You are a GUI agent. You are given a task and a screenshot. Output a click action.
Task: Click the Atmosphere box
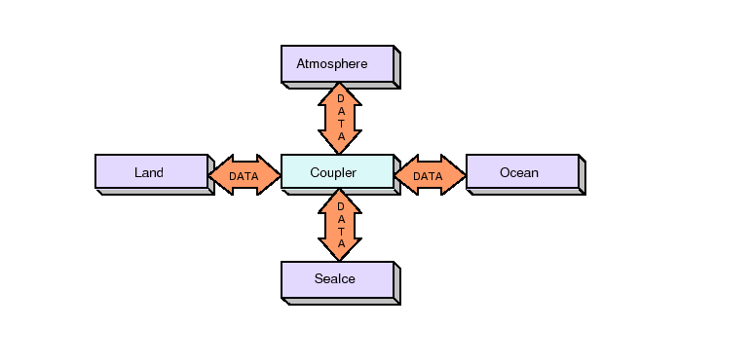(337, 64)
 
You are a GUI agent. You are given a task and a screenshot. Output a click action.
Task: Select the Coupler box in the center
(337, 172)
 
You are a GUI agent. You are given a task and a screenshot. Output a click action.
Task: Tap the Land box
(151, 172)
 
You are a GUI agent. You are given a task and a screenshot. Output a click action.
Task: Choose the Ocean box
(522, 172)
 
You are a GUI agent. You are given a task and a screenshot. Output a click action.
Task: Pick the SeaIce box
(337, 279)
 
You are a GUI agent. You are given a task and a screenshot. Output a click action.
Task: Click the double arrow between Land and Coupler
(244, 175)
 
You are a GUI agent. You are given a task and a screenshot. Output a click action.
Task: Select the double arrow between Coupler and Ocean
(430, 175)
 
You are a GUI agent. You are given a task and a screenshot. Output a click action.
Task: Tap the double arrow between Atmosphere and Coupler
(340, 118)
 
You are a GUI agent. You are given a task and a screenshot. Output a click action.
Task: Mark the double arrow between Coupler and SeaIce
(340, 225)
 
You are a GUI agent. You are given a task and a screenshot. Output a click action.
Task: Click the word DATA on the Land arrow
(244, 176)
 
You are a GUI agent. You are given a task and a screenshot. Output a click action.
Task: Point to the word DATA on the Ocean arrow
(428, 176)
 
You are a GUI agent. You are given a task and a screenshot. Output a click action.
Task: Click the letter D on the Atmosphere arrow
(340, 98)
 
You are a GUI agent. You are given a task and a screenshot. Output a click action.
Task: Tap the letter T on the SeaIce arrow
(340, 231)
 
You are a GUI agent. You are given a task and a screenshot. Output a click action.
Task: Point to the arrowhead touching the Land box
(218, 175)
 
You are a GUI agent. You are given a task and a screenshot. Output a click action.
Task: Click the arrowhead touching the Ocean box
(456, 175)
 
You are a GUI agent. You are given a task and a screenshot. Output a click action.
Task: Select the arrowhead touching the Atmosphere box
(340, 91)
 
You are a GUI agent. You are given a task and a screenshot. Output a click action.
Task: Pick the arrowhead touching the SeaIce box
(340, 252)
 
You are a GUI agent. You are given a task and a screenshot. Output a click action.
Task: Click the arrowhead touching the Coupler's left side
(270, 175)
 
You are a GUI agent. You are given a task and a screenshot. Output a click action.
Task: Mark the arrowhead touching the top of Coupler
(340, 145)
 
